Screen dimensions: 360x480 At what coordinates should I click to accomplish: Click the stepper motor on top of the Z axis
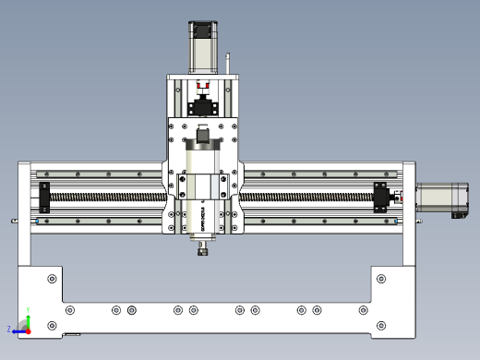point(204,46)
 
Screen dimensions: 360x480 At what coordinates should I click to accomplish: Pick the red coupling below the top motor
point(204,86)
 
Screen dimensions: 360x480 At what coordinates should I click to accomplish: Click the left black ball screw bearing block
point(43,197)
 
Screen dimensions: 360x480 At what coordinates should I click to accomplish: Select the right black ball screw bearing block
point(380,198)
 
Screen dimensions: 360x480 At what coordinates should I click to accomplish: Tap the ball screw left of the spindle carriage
point(106,198)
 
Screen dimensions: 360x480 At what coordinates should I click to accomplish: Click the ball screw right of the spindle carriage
point(305,197)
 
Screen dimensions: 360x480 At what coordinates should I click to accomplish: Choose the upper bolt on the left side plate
point(52,278)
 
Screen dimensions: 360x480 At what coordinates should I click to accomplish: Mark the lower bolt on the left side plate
point(52,326)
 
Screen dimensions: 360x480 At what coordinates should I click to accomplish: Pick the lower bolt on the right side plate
point(380,326)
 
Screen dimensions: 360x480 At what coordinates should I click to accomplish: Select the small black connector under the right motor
point(456,216)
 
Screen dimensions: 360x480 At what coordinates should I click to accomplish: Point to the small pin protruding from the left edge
point(14,221)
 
